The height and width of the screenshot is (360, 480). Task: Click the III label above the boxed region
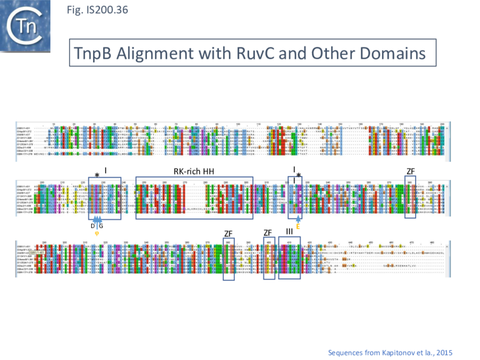(289, 232)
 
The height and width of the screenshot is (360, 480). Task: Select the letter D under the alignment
(93, 226)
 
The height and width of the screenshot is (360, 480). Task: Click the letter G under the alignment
(101, 226)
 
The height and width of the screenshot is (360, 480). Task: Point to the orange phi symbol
(97, 233)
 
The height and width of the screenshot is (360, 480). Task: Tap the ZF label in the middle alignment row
(410, 172)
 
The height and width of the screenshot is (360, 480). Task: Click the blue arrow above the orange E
(298, 220)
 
